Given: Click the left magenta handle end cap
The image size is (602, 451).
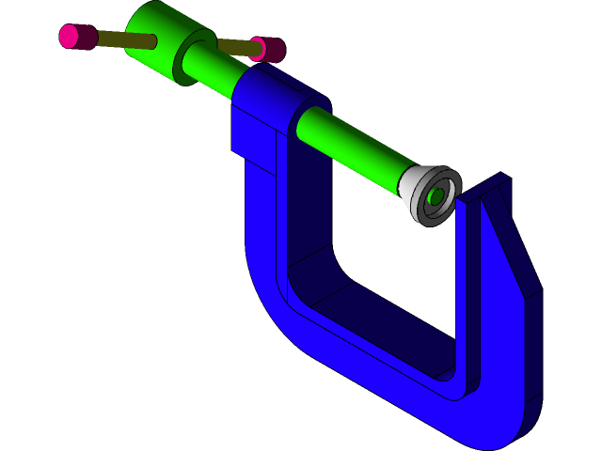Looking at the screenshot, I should tap(70, 37).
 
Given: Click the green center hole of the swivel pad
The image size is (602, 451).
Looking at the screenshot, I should tap(436, 196).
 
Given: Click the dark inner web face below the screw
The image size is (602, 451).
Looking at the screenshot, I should tap(310, 216).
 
